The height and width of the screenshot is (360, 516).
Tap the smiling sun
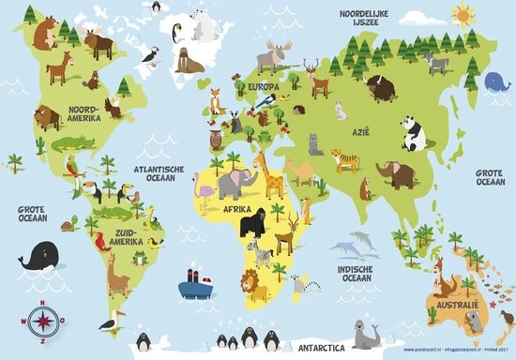(x=463, y=15)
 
